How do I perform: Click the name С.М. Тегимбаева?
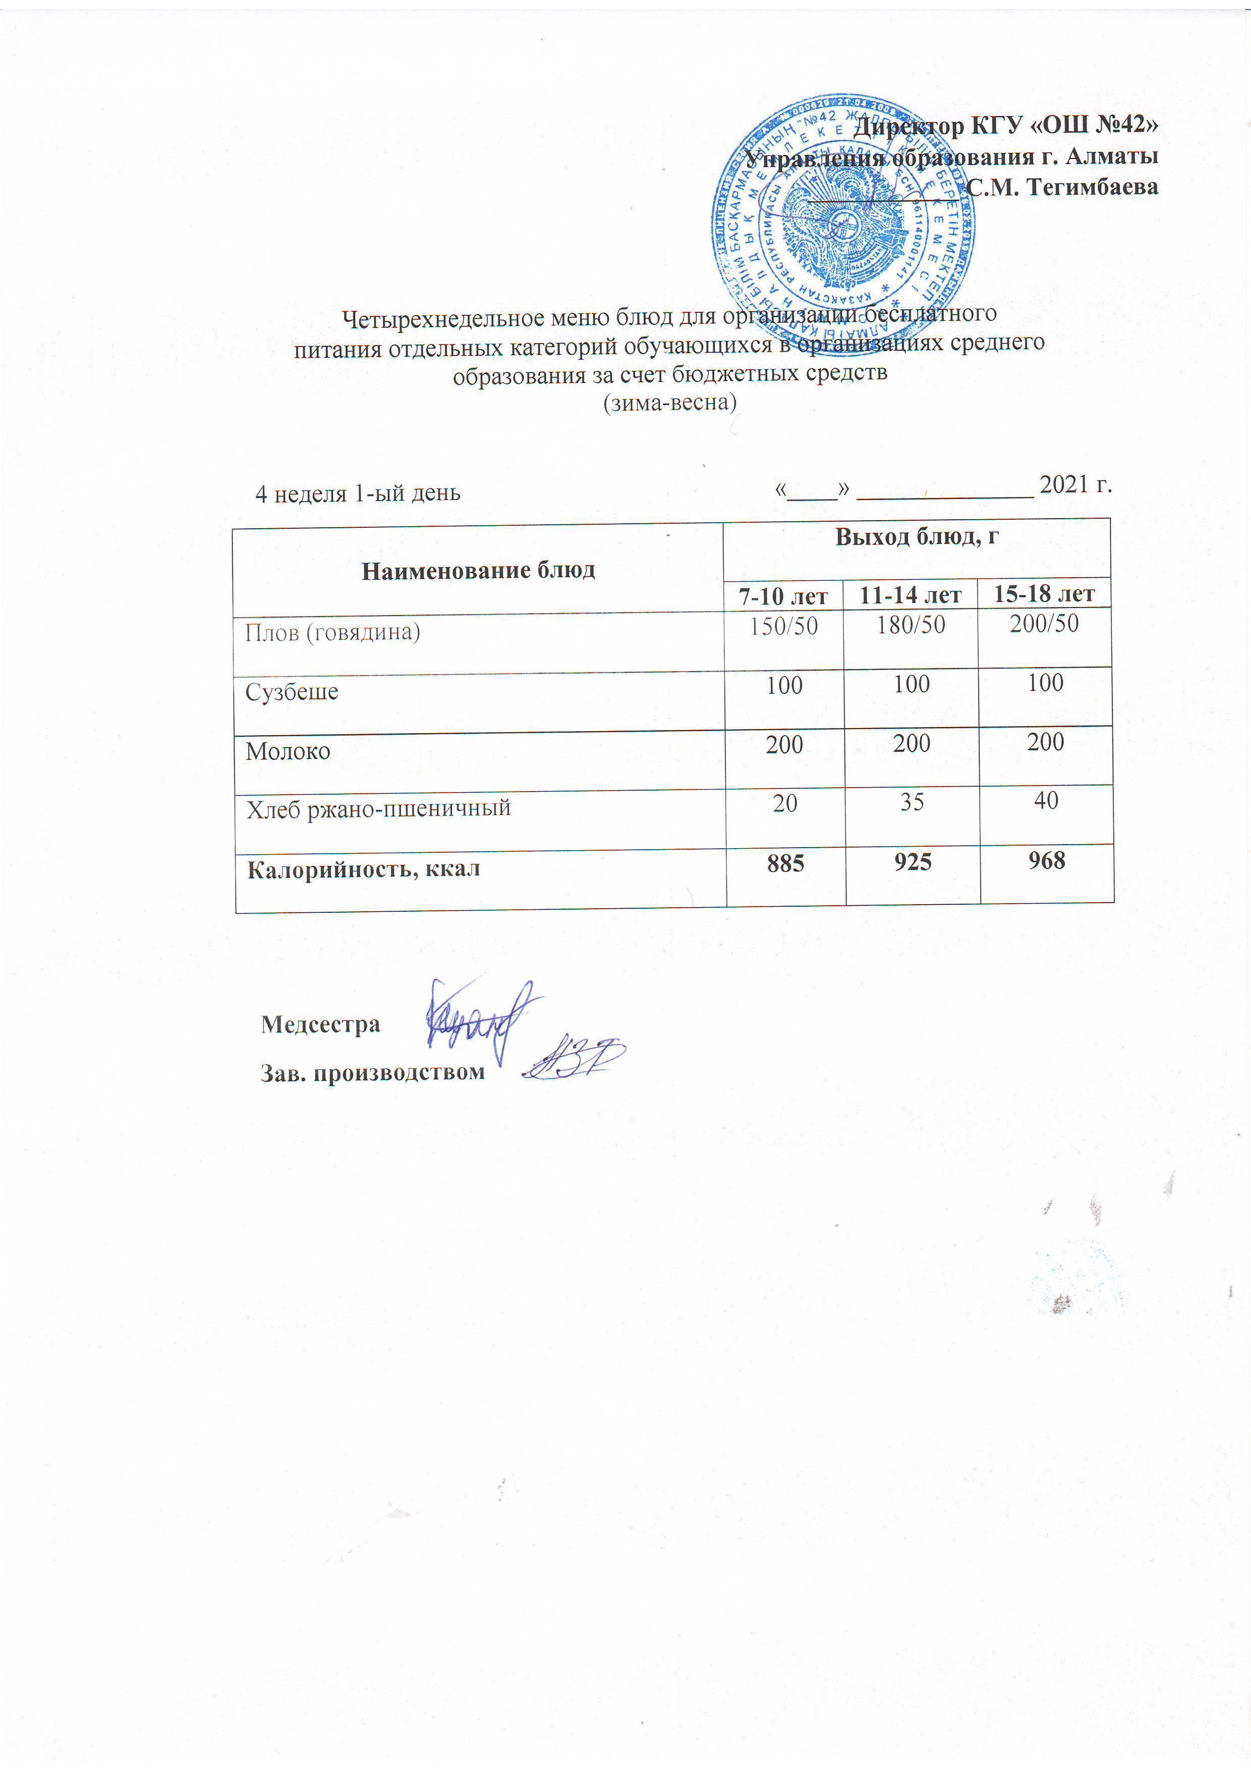[1062, 187]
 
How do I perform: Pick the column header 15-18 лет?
[1044, 593]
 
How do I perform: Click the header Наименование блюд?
[479, 571]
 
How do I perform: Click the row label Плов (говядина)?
[333, 633]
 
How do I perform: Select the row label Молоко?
[288, 751]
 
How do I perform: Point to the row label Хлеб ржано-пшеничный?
[378, 809]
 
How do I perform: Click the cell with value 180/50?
[911, 625]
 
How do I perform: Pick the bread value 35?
[912, 802]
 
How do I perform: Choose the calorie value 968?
[1046, 860]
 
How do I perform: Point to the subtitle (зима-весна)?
[670, 403]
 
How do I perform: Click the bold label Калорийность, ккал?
[363, 869]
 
